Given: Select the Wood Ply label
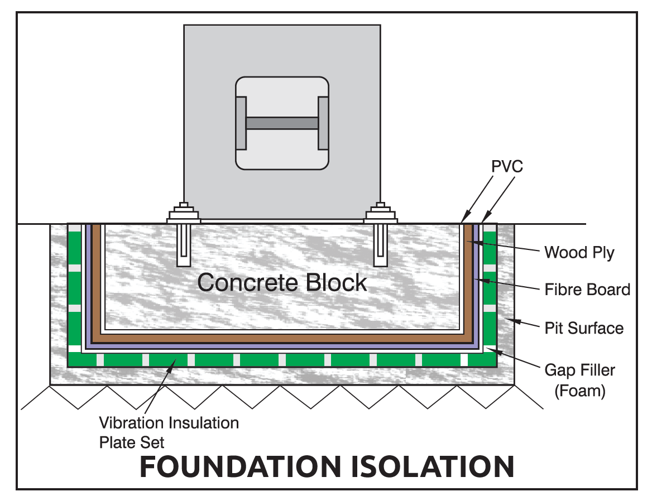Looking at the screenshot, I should pos(579,252).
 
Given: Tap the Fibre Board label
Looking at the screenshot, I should pos(587,290).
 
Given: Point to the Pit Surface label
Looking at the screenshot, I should pos(583,327).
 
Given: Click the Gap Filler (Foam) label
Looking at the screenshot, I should pos(579,379).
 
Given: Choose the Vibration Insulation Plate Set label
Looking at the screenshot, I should pos(169,432).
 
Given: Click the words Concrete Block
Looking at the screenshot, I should pos(282,282).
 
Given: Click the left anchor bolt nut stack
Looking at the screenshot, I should pos(184,213).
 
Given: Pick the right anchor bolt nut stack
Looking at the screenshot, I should pos(381,213).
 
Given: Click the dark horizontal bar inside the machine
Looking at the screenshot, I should pos(282,123).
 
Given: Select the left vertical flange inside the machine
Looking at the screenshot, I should pos(241,123).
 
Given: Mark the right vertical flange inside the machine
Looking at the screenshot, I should pos(323,123).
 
